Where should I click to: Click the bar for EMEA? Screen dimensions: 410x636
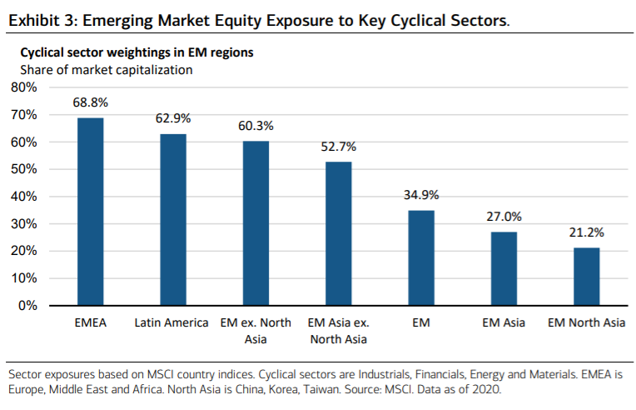(90, 212)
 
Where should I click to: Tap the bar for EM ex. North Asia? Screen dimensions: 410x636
(256, 223)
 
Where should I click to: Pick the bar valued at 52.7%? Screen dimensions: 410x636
(338, 233)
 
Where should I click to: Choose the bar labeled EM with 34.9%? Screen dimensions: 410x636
(420, 257)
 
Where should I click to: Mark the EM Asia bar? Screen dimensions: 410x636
(503, 268)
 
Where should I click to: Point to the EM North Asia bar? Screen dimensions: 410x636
(586, 277)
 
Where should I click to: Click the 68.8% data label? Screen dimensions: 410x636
(91, 102)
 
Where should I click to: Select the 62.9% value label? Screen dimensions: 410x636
(173, 118)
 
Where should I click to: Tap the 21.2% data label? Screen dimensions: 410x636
(586, 232)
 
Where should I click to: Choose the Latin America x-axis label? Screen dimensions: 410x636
(171, 322)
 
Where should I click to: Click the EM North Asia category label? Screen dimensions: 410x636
(586, 322)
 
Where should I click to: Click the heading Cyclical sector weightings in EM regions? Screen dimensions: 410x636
(137, 52)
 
